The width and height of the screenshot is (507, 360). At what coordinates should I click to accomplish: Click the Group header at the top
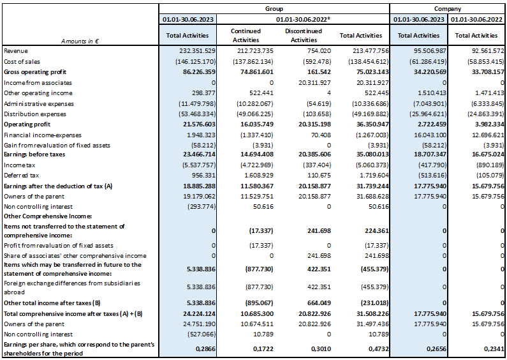point(274,9)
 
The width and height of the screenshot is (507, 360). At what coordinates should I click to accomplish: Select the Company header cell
point(448,9)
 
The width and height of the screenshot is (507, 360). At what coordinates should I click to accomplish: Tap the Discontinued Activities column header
point(304,35)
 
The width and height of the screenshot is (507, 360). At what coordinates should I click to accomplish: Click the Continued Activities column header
point(246,35)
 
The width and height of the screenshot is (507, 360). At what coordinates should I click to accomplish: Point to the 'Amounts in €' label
point(80,41)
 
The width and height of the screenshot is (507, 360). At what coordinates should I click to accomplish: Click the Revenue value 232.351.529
point(197,51)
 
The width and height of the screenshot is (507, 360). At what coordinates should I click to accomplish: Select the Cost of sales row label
point(22,61)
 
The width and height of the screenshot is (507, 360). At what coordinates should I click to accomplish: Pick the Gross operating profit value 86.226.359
point(199,72)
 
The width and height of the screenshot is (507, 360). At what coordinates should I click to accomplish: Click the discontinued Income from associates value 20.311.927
point(314,82)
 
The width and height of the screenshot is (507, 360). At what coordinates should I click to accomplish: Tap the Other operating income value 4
point(329,93)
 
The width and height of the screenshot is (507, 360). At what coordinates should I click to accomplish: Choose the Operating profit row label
point(27,124)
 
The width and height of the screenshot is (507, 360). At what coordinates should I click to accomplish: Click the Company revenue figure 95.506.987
point(430,51)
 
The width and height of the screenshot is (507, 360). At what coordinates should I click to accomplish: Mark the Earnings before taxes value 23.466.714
point(199,154)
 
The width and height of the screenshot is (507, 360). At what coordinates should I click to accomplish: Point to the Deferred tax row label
point(21,176)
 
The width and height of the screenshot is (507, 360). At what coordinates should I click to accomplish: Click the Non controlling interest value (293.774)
point(202,207)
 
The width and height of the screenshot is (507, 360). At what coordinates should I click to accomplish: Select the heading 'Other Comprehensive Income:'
point(48,216)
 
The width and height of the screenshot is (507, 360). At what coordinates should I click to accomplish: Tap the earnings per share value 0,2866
point(205,349)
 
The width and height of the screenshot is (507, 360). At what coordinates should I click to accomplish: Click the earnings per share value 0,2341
point(494,349)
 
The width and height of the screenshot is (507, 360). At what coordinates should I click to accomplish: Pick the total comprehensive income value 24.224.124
point(199,313)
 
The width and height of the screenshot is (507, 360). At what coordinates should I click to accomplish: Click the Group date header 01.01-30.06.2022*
point(303,19)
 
